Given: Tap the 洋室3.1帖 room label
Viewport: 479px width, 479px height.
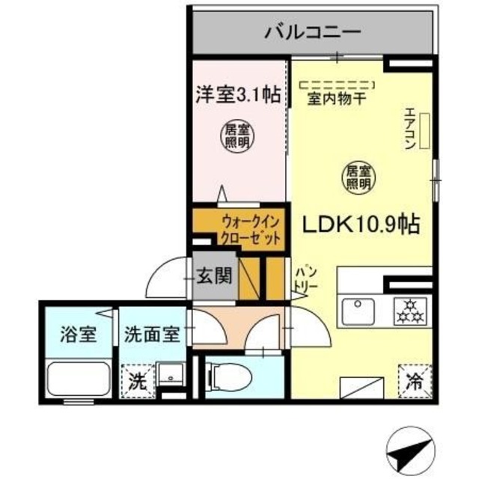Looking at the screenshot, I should point(238,94).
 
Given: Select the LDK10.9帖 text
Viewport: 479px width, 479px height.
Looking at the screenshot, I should point(360,224).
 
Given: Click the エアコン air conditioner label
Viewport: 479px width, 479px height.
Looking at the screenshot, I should point(410,129).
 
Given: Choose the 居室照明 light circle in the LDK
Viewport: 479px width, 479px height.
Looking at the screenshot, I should point(358,177).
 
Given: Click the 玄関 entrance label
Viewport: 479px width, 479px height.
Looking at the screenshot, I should point(213,275).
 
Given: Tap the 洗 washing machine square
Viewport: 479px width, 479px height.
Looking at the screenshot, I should point(137,379).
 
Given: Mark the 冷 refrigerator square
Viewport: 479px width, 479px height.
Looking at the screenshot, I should point(412,379).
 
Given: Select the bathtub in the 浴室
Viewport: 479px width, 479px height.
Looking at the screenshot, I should point(79,380).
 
